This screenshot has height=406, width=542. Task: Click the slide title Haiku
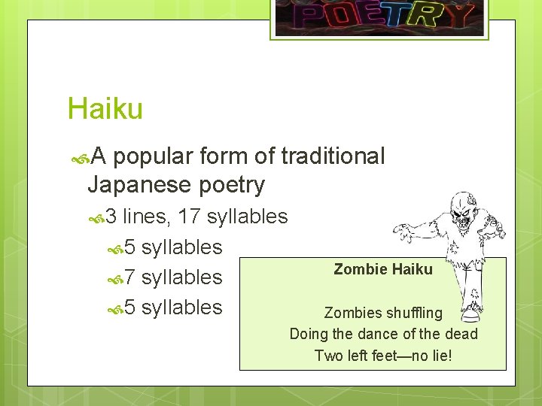click(105, 109)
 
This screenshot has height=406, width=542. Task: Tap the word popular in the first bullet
click(156, 156)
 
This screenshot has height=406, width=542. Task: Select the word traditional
click(333, 156)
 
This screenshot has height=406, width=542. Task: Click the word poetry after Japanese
click(233, 185)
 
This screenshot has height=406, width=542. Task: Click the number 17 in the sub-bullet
click(189, 217)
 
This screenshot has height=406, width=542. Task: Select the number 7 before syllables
click(129, 277)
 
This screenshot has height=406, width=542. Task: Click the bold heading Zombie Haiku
click(383, 269)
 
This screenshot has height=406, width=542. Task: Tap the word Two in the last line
click(328, 354)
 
